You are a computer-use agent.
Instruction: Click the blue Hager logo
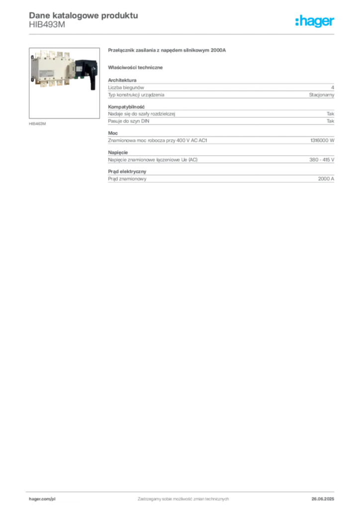pyautogui.click(x=315, y=22)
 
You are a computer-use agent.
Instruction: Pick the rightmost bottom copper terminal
pyautogui.click(x=66, y=87)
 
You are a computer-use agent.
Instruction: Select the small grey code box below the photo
pyautogui.click(x=38, y=123)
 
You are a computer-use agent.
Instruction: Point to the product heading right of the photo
pyautogui.click(x=167, y=51)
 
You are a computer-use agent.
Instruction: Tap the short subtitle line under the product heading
pyautogui.click(x=137, y=67)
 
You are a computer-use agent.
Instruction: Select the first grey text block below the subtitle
pyautogui.click(x=221, y=89)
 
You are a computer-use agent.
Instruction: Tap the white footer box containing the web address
pyautogui.click(x=56, y=499)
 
